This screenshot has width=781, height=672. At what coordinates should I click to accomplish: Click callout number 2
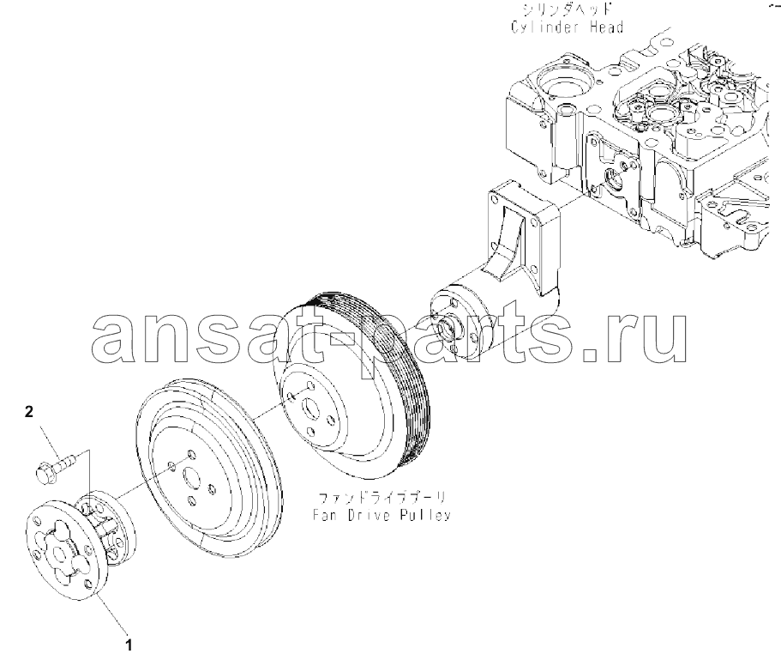[29, 412]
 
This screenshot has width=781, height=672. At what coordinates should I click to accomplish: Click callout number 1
[129, 645]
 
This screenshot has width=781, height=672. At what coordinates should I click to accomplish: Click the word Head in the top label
[606, 27]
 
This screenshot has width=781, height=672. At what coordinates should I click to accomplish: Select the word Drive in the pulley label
[369, 514]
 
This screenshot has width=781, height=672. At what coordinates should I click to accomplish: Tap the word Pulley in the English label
[425, 515]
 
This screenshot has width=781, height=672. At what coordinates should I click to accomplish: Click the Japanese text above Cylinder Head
[567, 9]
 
